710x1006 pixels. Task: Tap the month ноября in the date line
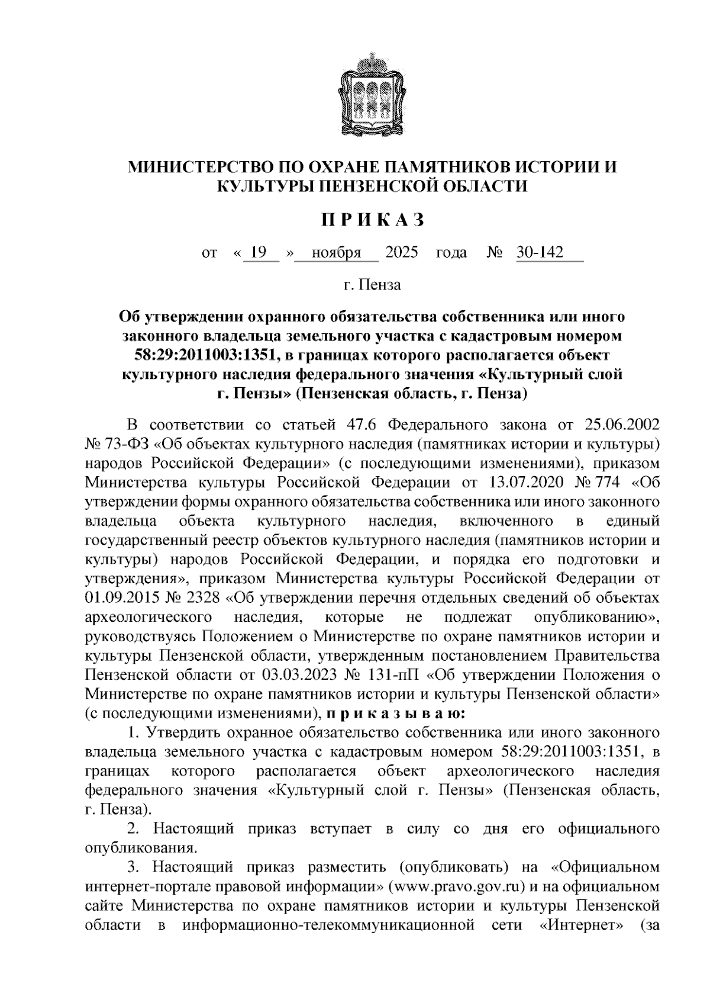(x=337, y=253)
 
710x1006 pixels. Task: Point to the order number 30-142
(x=540, y=253)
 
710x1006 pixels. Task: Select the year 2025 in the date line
(x=402, y=253)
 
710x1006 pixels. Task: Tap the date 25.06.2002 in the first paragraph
(x=622, y=425)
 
